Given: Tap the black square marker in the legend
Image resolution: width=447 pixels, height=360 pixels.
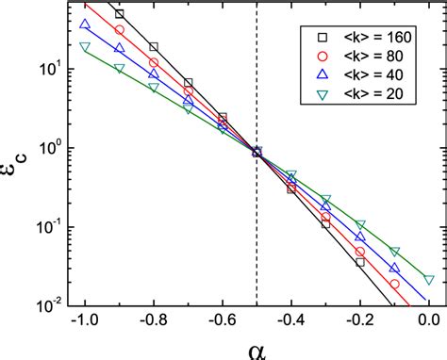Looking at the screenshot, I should pos(322,37).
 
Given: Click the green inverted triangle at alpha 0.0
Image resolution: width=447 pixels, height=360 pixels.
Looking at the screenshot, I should pos(429,280).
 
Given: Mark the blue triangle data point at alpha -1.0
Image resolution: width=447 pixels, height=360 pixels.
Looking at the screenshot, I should pos(85,25).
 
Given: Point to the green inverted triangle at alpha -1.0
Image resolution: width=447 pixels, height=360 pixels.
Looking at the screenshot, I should pos(85,46).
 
